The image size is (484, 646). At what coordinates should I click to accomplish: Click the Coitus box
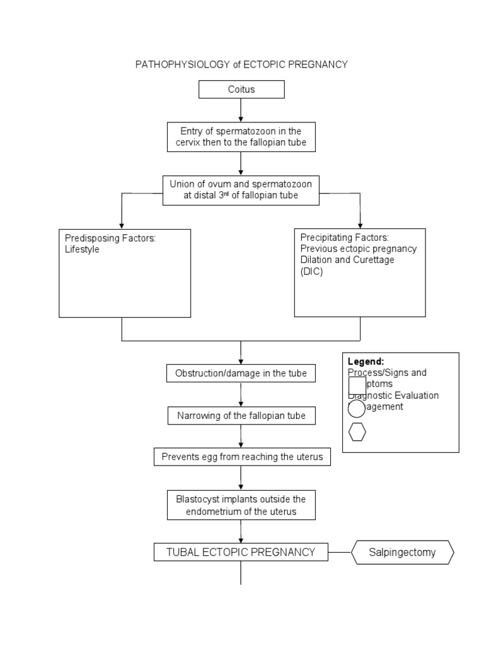click(241, 90)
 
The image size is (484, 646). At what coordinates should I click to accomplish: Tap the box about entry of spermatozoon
click(241, 137)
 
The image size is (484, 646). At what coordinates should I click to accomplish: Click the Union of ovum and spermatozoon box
click(241, 189)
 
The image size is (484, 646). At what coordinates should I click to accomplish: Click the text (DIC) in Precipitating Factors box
click(311, 271)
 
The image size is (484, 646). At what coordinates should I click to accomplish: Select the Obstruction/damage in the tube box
click(241, 373)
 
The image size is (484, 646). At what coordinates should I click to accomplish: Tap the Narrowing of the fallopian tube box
click(241, 416)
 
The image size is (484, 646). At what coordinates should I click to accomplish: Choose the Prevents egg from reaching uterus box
click(242, 457)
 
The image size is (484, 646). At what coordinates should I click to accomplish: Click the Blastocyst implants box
click(241, 505)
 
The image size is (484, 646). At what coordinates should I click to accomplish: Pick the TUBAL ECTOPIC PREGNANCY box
click(241, 552)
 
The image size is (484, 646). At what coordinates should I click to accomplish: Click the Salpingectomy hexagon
click(402, 553)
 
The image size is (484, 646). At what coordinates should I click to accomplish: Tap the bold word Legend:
click(366, 361)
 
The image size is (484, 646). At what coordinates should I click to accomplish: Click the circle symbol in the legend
click(357, 409)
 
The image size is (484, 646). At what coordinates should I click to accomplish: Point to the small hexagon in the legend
click(357, 433)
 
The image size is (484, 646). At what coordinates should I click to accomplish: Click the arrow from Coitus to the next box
click(241, 110)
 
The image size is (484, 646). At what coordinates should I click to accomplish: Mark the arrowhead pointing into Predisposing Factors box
click(122, 225)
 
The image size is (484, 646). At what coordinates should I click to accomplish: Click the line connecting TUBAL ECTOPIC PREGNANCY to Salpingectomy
click(340, 553)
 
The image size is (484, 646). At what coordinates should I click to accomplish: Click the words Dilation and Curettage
click(347, 260)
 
